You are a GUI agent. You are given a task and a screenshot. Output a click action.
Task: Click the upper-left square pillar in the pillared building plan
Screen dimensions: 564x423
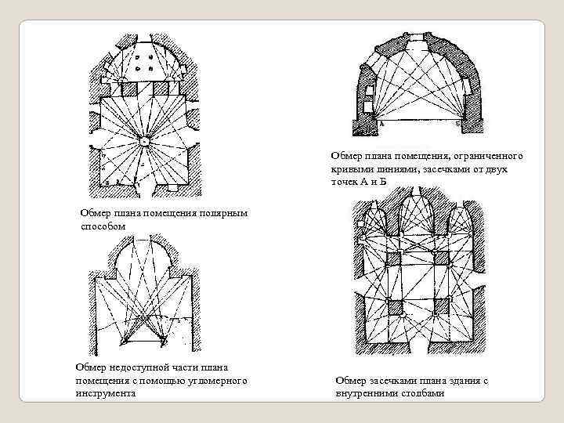point(394,258)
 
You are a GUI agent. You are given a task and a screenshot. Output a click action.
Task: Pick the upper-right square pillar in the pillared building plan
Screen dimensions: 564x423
point(440,258)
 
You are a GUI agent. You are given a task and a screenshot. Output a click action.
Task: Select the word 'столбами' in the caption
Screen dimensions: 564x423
point(422,393)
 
